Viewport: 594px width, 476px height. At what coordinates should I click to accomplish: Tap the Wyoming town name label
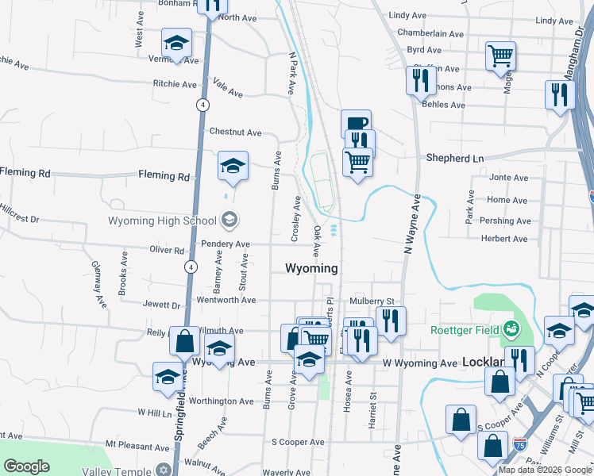(x=311, y=269)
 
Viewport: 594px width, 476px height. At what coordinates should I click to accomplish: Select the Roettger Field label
(x=464, y=330)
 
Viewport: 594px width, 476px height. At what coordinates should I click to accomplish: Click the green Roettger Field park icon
(x=510, y=328)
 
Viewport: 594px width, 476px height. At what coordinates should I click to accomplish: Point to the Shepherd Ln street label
(x=455, y=159)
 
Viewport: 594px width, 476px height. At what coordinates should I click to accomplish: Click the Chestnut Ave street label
(x=235, y=132)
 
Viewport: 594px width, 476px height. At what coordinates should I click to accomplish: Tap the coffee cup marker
(x=356, y=123)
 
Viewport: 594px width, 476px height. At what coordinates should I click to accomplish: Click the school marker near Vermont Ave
(x=176, y=42)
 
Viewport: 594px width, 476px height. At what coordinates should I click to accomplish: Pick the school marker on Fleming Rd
(x=233, y=165)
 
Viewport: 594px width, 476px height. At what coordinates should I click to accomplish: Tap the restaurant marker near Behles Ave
(x=418, y=80)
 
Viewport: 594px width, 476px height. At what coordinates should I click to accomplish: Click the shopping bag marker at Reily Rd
(x=184, y=342)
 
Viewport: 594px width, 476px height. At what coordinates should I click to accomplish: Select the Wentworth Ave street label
(x=226, y=300)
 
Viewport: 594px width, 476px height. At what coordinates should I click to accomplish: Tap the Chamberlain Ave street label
(x=430, y=34)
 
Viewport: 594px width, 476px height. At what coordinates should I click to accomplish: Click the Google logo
(x=26, y=466)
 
